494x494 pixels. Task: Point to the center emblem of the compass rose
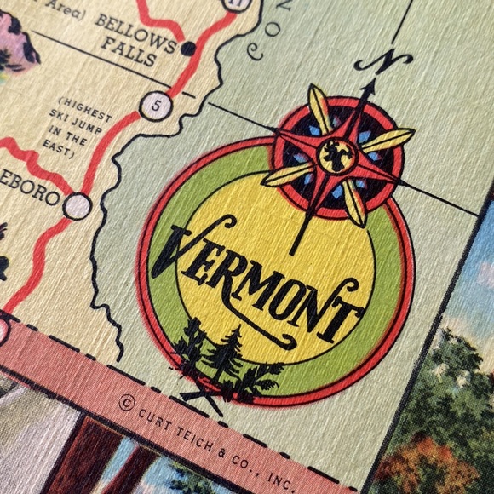point(338,155)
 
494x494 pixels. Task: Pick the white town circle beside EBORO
point(78,205)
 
